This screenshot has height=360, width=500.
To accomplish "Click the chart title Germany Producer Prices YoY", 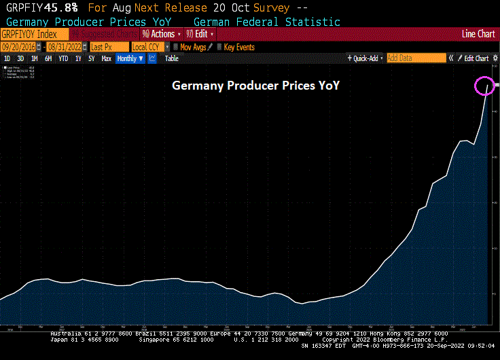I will pyautogui.click(x=255, y=86).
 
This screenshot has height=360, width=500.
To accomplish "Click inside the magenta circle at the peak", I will pyautogui.click(x=484, y=86).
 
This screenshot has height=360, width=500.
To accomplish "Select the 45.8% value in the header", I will pyautogui.click(x=62, y=8).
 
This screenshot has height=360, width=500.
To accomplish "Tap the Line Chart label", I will pyautogui.click(x=478, y=34).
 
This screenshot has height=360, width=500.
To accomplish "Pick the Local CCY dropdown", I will pyautogui.click(x=149, y=47).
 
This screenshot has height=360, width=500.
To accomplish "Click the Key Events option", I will pyautogui.click(x=238, y=47).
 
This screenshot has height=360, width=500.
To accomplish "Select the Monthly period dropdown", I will pyautogui.click(x=130, y=58).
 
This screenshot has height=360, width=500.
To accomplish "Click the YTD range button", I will pyautogui.click(x=63, y=58).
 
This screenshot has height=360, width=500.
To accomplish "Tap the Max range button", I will pyautogui.click(x=106, y=58).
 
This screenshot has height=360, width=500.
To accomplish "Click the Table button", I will pyautogui.click(x=172, y=58).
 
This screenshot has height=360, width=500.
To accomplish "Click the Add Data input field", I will pyautogui.click(x=416, y=58).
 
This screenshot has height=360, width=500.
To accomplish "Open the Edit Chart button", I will pyautogui.click(x=476, y=58).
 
